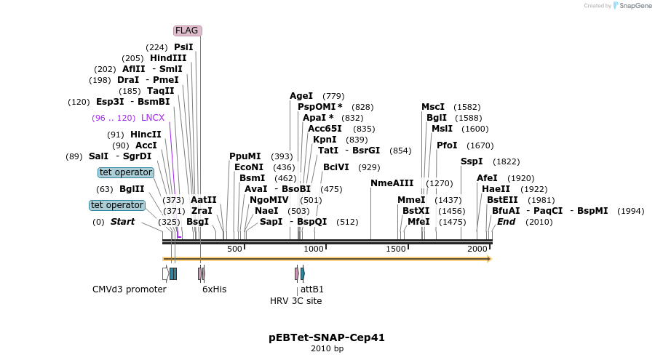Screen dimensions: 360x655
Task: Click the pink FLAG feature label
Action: [x=188, y=31]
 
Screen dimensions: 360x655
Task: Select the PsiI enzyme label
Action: [x=183, y=47]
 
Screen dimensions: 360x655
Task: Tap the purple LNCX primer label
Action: [x=153, y=117]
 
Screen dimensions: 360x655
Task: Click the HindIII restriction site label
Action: [x=168, y=58]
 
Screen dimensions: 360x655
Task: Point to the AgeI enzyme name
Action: [x=301, y=96]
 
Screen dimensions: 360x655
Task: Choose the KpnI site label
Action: [x=325, y=140]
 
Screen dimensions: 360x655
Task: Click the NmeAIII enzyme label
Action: [x=392, y=183]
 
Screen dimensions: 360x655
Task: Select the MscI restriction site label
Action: [x=433, y=107]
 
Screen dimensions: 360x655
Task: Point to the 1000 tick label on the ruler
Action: [x=314, y=249]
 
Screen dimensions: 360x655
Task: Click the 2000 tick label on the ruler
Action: [x=477, y=249]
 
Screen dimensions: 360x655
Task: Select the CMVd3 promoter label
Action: [x=130, y=289]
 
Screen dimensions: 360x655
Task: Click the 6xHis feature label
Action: [x=215, y=289]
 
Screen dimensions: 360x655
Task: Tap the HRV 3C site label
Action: [x=295, y=301]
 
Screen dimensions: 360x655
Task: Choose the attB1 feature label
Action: [x=312, y=289]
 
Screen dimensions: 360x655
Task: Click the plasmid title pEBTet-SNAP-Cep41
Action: [x=327, y=337]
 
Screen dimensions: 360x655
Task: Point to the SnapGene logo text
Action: [x=632, y=6]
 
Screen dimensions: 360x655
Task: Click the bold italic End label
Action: [x=507, y=222]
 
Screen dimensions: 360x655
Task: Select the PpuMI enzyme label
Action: [x=245, y=156]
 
